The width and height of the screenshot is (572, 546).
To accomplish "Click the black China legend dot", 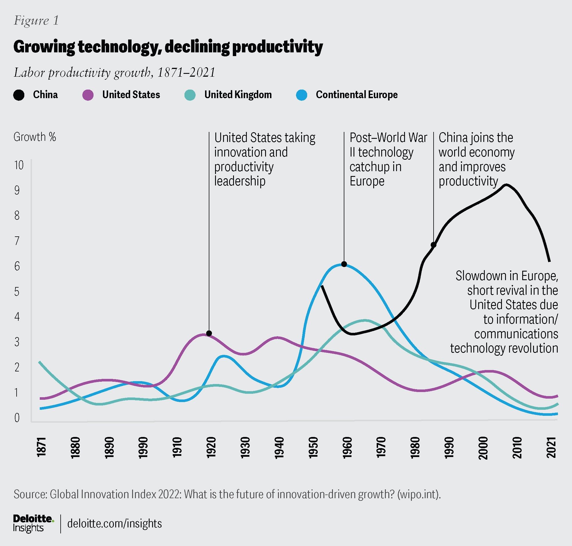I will point(19,95).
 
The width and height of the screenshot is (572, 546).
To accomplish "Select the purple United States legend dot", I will point(88,95).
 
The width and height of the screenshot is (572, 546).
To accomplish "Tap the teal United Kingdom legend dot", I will point(190,95).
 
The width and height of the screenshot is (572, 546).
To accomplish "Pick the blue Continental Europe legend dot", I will point(302,95).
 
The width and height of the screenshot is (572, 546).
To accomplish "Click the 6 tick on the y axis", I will point(17,266).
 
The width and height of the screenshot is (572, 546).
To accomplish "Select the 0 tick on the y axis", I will point(17,418).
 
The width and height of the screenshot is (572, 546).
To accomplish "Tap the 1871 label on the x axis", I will point(41,448).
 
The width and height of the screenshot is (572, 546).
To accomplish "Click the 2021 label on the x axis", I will point(552,448).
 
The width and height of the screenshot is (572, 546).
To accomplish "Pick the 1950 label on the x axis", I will point(313,448).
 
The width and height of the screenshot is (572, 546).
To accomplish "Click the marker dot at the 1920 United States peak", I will point(209,333).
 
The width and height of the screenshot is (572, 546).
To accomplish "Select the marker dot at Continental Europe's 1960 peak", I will point(344,264).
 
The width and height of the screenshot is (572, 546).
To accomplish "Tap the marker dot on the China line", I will point(434,245).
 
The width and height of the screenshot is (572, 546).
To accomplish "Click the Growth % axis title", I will point(35,137).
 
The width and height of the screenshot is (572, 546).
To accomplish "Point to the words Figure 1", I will point(36,21).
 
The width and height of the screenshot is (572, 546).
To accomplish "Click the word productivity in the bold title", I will point(277,47).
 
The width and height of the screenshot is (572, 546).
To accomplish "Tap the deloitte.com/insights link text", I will point(114,524).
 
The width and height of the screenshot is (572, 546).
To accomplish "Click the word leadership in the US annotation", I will point(240,181).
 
